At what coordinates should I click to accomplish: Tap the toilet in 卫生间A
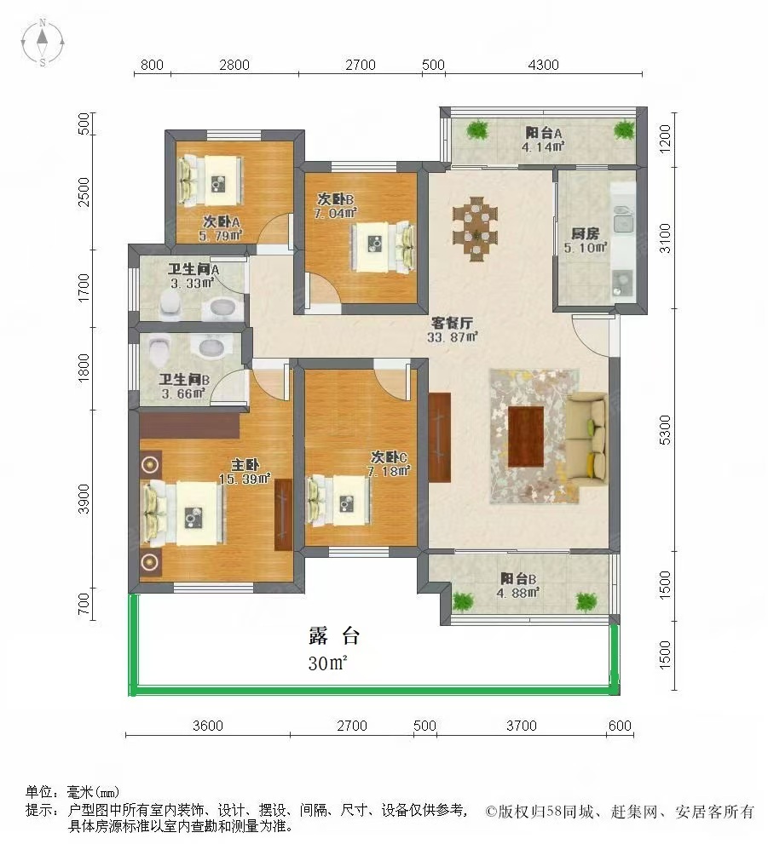[170, 303]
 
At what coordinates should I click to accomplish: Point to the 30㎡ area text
[328, 663]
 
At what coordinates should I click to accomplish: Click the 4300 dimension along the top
[543, 65]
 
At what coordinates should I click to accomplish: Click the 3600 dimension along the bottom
[207, 726]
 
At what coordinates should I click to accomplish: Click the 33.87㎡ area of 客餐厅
[453, 336]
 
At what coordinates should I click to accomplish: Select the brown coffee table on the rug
[526, 437]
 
